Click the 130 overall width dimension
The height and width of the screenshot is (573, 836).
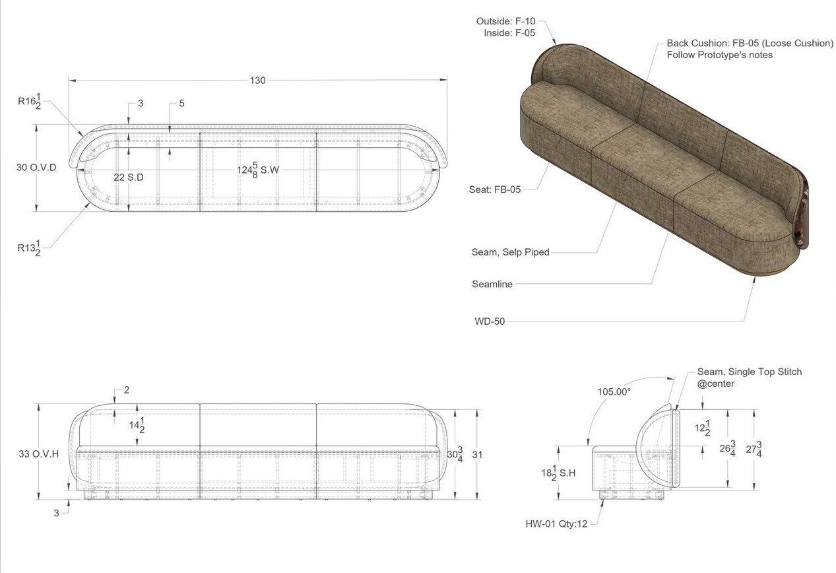pos(257,81)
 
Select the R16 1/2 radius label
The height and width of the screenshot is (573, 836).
pos(30,102)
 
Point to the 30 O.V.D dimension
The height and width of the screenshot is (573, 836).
pos(36,168)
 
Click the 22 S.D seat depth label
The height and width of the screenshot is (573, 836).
pos(129,178)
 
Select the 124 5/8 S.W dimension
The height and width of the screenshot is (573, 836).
pos(259,170)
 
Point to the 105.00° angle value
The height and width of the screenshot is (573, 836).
pos(614,391)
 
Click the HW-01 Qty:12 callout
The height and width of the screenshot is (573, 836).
pos(556,523)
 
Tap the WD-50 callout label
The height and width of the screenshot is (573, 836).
pos(490,322)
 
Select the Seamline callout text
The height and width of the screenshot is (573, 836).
pos(492,285)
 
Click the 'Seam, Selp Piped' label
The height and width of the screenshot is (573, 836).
pos(510,252)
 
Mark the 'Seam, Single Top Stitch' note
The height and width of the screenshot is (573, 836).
pos(750,372)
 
